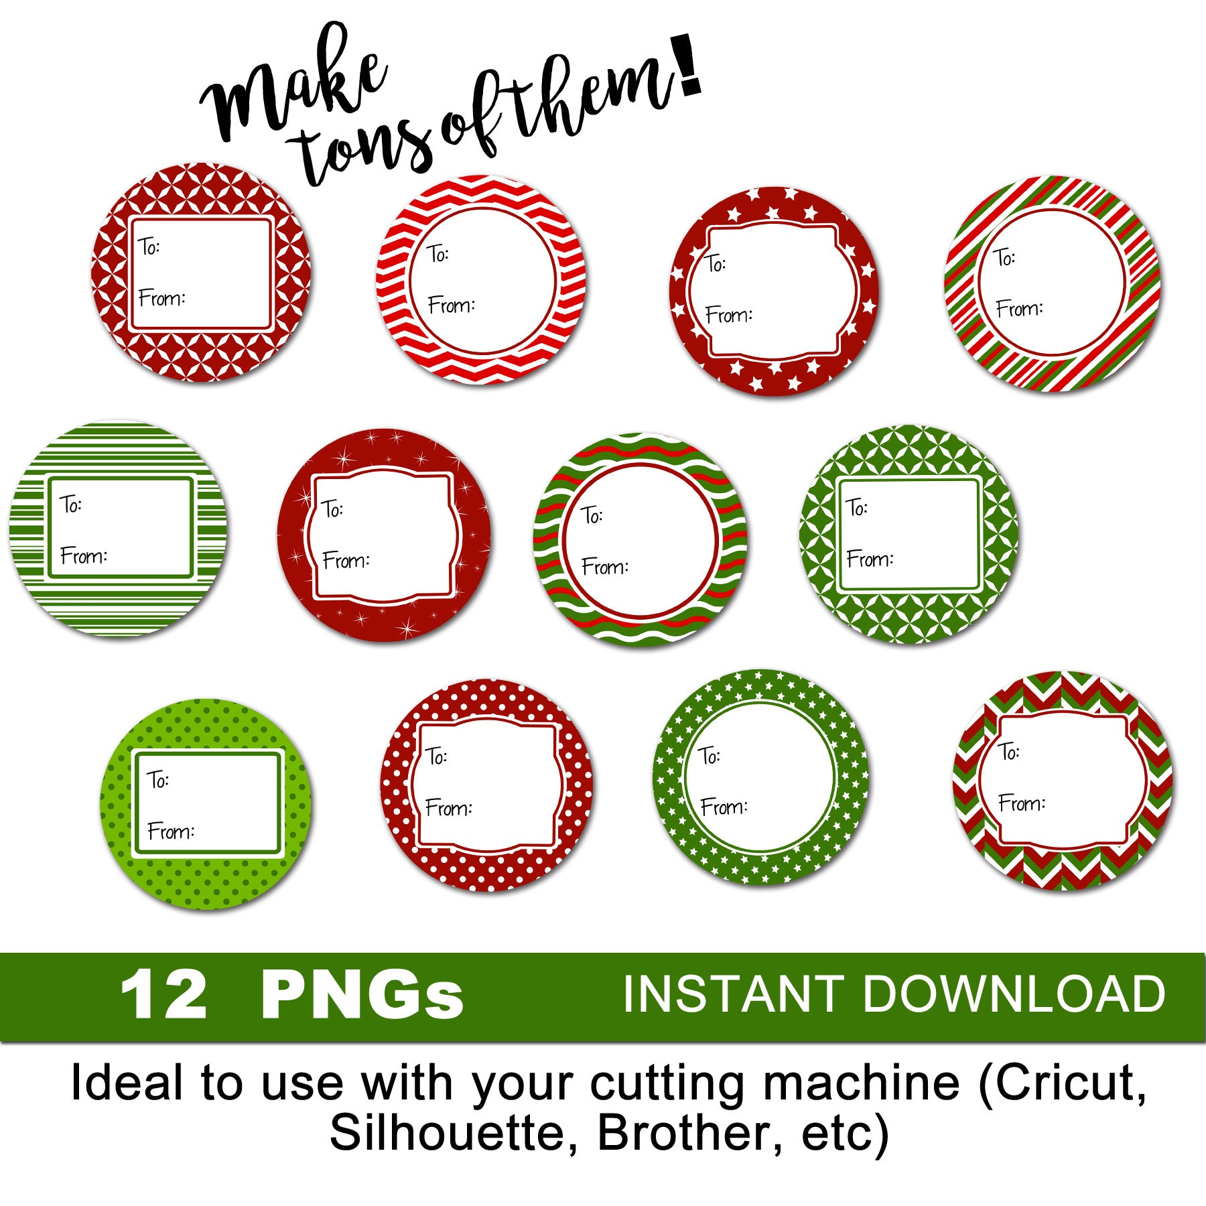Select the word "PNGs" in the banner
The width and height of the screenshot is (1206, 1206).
362,996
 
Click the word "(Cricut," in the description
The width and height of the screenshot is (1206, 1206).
1062,1083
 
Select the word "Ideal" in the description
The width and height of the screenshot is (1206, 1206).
127,1083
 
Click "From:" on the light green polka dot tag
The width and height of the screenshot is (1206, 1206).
171,831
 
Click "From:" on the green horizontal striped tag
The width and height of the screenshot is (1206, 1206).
84,555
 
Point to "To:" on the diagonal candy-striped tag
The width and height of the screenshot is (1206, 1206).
1004,257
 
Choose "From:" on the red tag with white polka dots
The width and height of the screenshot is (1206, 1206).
448,807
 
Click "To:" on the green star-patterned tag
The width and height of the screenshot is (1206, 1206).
709,756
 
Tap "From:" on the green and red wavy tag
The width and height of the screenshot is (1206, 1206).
604,567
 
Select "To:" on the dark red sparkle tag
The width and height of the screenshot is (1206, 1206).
332,509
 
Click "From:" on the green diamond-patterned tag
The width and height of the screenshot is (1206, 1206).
870,559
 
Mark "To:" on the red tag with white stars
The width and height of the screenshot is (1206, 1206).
716,263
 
